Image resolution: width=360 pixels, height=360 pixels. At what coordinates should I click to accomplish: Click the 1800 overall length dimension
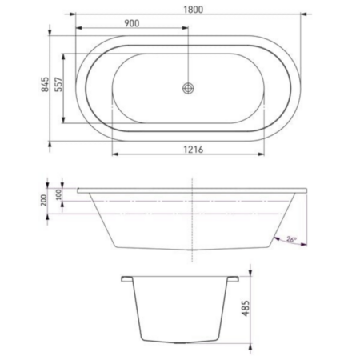(x=194, y=10)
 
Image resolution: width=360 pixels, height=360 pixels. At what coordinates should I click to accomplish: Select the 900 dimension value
(x=132, y=23)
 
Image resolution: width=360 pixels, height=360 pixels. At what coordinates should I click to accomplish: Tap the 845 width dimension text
(x=45, y=84)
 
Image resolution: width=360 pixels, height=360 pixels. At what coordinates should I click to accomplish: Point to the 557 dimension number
(x=58, y=84)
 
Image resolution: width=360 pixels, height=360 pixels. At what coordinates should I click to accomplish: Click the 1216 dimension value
(x=194, y=150)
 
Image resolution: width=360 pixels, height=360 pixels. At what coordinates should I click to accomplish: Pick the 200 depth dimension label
(x=43, y=200)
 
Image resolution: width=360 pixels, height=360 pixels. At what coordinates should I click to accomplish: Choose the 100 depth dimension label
(x=58, y=194)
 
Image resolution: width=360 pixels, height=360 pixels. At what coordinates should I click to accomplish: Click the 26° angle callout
(x=291, y=239)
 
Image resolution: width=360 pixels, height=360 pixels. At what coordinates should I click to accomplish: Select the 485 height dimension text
(x=246, y=308)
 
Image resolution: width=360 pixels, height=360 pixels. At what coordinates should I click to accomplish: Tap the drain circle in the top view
(x=188, y=88)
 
